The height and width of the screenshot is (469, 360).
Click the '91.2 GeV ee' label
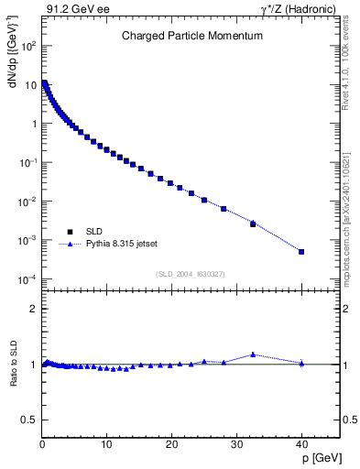click(71, 9)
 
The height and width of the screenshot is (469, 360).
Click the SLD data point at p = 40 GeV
click(301, 252)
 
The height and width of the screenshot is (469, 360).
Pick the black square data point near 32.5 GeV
click(253, 224)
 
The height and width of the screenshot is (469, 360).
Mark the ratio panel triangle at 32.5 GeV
click(253, 354)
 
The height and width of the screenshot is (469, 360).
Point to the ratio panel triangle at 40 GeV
click(301, 363)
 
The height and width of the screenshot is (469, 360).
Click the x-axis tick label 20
click(171, 444)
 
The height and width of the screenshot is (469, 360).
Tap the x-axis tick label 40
click(301, 444)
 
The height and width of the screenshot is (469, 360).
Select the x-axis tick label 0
click(42, 444)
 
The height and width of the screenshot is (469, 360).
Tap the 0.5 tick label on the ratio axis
click(31, 420)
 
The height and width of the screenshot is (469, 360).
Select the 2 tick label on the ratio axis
click(35, 309)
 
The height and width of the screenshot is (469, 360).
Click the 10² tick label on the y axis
click(29, 45)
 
